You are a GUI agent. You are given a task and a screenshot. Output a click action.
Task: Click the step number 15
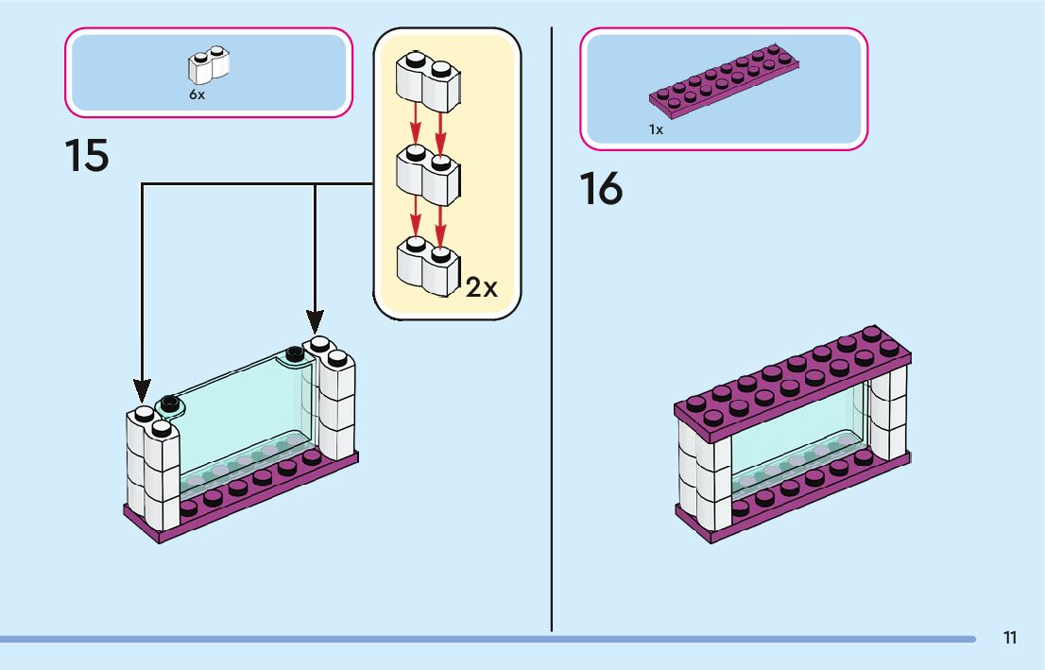(x=87, y=156)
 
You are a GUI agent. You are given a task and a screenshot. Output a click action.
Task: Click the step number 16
(x=601, y=189)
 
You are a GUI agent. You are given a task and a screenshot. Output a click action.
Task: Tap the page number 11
(x=1010, y=638)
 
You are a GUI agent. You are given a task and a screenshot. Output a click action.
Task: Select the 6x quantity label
(x=197, y=94)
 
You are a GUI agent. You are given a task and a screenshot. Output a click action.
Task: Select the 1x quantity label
(x=657, y=129)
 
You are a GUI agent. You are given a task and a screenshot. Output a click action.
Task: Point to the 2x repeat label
(x=481, y=287)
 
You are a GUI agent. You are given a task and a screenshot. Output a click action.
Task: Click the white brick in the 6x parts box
(x=209, y=64)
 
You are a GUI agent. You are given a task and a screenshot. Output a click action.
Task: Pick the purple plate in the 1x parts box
(x=725, y=81)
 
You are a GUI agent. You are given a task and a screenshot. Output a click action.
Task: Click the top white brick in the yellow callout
(x=428, y=81)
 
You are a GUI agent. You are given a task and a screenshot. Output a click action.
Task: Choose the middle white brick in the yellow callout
(x=428, y=175)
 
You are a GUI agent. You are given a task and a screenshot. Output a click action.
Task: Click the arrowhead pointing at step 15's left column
(x=142, y=390)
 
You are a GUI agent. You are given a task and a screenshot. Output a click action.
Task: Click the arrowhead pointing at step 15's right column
(x=316, y=322)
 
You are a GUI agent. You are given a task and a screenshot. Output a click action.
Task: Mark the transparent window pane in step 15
(x=240, y=413)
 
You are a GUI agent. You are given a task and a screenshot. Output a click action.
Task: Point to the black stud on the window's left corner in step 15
(x=170, y=402)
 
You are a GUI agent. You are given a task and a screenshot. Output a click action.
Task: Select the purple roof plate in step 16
(x=793, y=384)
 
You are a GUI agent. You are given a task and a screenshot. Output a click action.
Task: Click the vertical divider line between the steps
(x=552, y=330)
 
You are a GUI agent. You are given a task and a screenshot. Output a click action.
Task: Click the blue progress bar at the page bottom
(x=488, y=640)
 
